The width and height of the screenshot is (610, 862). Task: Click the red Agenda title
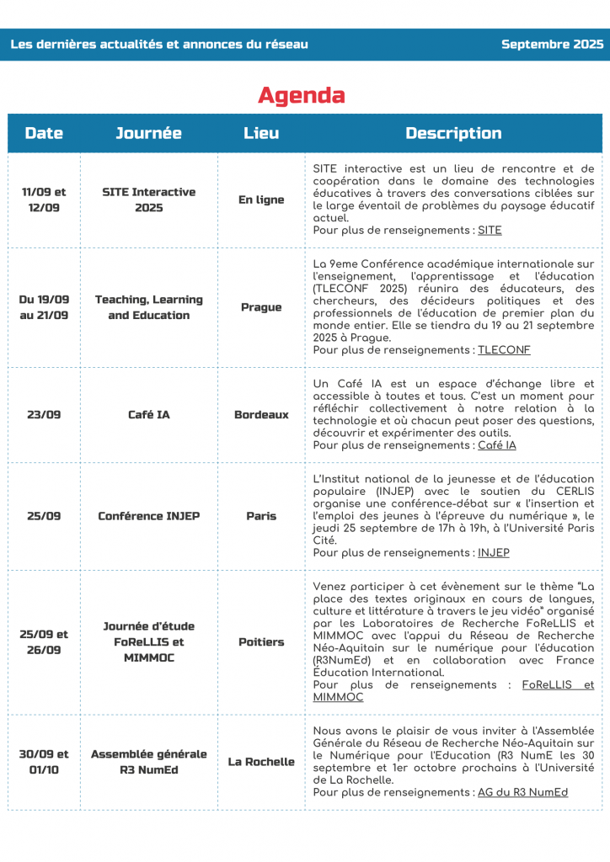click(301, 95)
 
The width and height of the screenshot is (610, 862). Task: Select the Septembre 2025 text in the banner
click(552, 45)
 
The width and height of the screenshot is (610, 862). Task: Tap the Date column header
click(44, 133)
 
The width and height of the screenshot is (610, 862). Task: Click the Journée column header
click(148, 133)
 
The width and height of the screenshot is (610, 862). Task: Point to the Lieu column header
click(261, 133)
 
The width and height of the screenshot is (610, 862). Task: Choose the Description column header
click(453, 133)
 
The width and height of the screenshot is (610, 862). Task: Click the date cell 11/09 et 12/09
click(44, 200)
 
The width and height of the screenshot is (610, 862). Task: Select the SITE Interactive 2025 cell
click(148, 200)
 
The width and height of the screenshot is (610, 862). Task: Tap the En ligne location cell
click(261, 200)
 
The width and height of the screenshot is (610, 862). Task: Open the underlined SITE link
click(490, 230)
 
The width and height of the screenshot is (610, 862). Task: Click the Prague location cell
click(261, 307)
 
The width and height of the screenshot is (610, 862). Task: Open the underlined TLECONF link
click(504, 350)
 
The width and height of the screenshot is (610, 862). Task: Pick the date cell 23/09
click(44, 414)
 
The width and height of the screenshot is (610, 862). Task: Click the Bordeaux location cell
click(261, 414)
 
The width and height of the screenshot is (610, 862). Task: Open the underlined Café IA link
click(497, 445)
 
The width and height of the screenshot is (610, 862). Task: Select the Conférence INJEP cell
click(148, 515)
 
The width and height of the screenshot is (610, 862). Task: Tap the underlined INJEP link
click(493, 553)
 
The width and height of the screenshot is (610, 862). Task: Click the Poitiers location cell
click(261, 641)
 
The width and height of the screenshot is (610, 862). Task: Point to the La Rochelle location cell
click(261, 762)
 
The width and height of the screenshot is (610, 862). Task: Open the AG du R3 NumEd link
click(522, 793)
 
